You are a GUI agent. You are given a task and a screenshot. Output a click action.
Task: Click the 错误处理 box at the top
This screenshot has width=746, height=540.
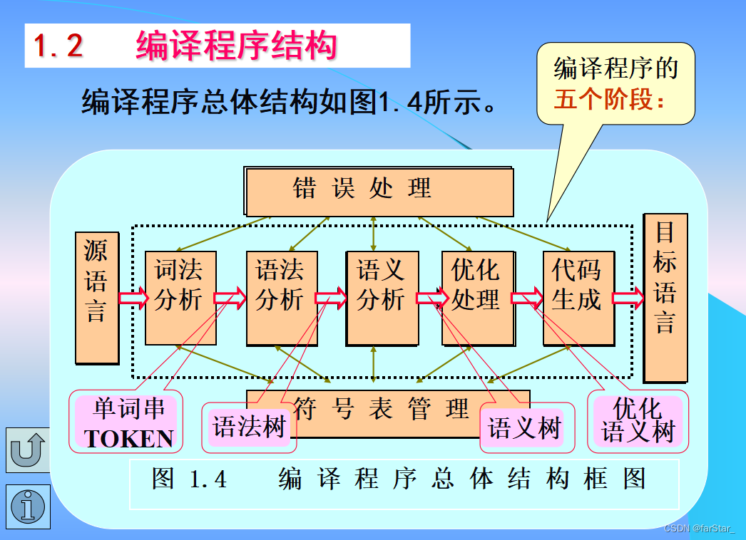point(379,191)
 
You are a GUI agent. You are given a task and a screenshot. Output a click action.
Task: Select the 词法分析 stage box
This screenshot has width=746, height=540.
point(180,298)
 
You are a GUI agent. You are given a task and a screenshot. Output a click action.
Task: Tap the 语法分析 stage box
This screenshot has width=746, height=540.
point(280,298)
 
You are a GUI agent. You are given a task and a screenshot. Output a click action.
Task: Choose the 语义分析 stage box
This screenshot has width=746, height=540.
point(381,298)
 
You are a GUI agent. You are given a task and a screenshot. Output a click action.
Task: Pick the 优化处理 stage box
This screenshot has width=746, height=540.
point(476,298)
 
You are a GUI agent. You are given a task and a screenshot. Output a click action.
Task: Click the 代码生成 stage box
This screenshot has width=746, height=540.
point(577,298)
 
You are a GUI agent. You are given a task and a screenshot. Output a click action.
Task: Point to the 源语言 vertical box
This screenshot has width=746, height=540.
point(96,298)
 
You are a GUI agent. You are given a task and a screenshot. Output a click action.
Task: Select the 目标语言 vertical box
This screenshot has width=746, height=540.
point(665,298)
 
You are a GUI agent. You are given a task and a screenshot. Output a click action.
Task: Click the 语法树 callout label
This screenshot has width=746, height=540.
point(249,427)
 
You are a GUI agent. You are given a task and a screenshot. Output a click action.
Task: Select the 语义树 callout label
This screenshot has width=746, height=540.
point(524,429)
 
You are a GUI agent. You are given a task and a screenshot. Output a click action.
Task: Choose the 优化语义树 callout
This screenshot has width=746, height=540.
point(638,421)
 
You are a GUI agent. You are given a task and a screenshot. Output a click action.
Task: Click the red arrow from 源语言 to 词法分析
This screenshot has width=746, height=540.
point(133,298)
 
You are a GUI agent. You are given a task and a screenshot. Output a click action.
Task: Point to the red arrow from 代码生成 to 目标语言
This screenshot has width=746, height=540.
point(628,298)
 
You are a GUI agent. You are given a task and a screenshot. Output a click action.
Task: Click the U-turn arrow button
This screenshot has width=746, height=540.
point(28,450)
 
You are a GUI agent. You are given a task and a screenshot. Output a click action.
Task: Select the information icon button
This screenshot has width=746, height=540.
point(28,507)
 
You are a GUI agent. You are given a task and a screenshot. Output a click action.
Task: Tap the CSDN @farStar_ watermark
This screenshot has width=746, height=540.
point(702,529)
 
